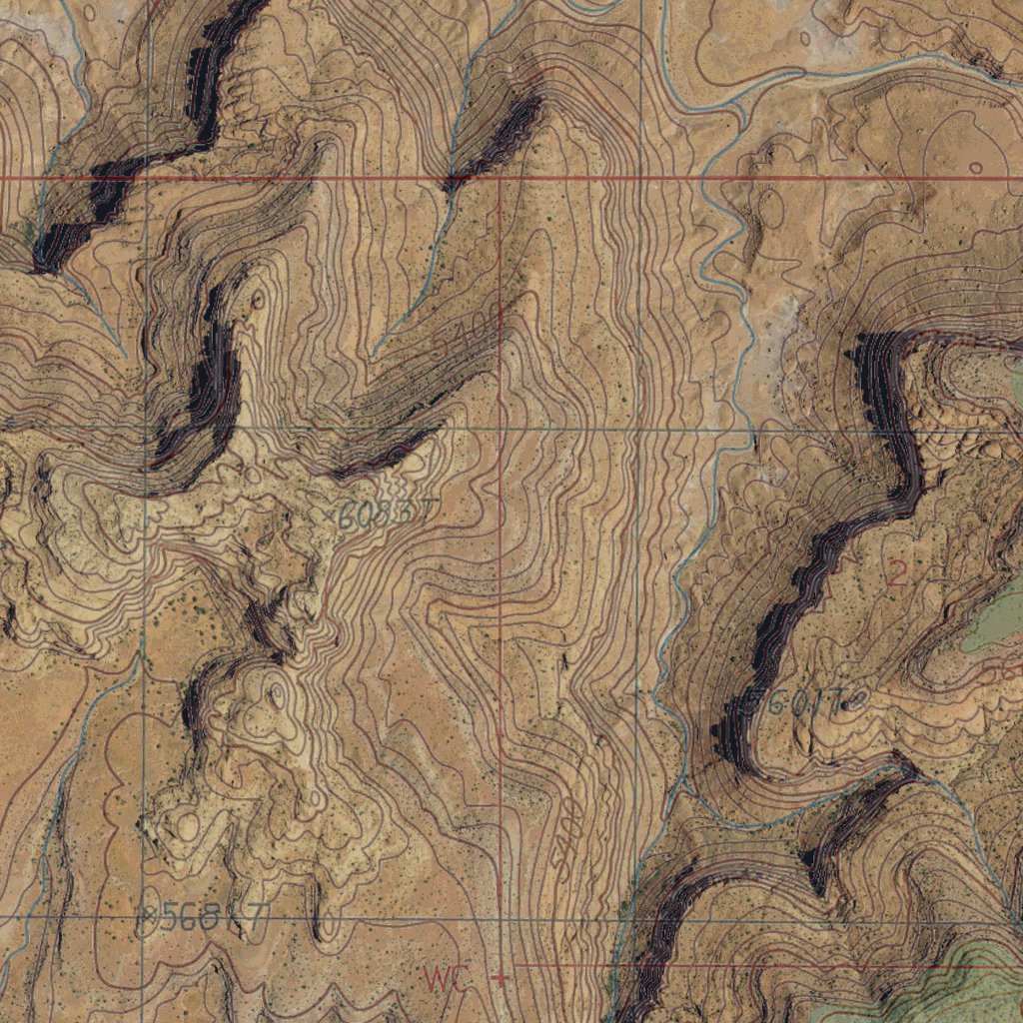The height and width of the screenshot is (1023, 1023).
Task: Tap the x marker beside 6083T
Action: click(x=330, y=513)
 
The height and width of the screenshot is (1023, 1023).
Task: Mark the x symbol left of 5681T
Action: click(x=149, y=911)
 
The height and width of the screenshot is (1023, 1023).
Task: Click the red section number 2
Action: click(x=896, y=573)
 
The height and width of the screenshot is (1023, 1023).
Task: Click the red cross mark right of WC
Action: click(x=502, y=977)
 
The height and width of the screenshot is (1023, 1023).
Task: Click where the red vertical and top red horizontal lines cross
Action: click(x=500, y=179)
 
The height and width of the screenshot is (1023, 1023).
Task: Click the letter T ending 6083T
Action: click(x=425, y=511)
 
